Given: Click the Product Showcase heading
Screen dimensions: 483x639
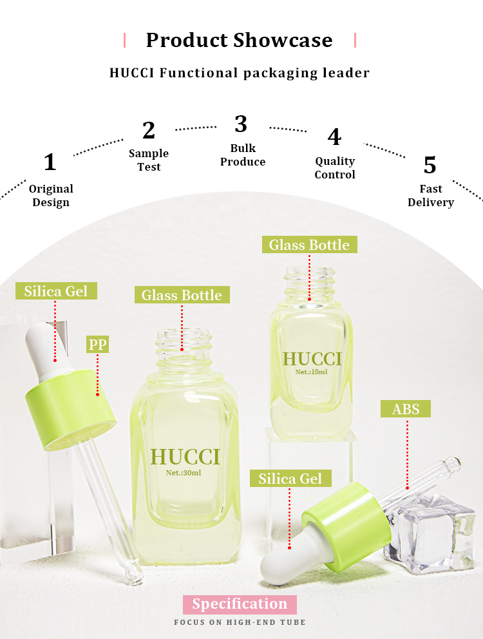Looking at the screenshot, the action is click(x=240, y=40).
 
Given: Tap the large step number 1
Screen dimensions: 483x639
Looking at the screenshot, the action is click(x=50, y=162).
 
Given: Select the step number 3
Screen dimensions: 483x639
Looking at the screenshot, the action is click(x=241, y=124).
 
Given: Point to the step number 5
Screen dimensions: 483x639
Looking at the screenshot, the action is click(x=430, y=165).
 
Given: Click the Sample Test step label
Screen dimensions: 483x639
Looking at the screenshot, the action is click(x=149, y=160).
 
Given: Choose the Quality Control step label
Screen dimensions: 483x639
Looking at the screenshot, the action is click(x=335, y=167).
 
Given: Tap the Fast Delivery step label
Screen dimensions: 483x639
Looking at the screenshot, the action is click(x=431, y=195).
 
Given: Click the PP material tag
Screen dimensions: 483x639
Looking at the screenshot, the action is click(x=97, y=345).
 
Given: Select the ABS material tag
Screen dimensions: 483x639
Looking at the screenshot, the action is click(x=406, y=409).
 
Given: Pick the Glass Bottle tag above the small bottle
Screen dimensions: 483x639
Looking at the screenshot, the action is click(x=309, y=245).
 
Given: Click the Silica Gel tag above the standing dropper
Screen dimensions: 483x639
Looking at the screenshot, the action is click(x=56, y=291).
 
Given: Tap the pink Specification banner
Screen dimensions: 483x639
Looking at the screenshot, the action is click(x=240, y=604).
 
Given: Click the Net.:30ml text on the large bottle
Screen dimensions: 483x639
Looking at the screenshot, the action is click(x=184, y=473).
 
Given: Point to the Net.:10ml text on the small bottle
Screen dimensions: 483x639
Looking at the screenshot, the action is click(x=312, y=372).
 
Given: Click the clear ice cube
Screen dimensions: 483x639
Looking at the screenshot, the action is click(x=430, y=533).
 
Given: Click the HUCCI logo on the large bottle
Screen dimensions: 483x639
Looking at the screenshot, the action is click(x=185, y=457).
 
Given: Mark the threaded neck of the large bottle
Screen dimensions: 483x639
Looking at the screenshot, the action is click(x=184, y=347).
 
